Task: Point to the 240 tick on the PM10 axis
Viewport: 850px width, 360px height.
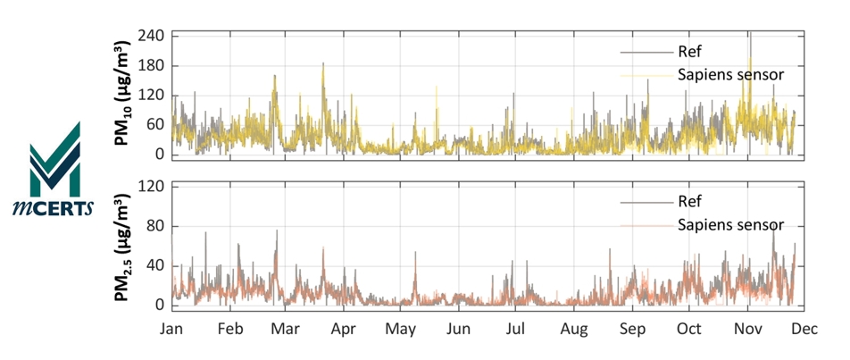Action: pyautogui.click(x=152, y=37)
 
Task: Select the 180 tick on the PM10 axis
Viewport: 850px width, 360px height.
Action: pyautogui.click(x=152, y=66)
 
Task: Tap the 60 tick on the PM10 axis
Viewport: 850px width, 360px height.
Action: pyautogui.click(x=157, y=125)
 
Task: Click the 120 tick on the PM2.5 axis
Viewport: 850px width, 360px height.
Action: pyautogui.click(x=152, y=187)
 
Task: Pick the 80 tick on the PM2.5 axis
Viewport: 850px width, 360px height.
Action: pyautogui.click(x=157, y=226)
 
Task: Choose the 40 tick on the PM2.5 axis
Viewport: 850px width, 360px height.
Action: pyautogui.click(x=157, y=265)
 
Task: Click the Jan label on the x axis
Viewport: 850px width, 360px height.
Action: pyautogui.click(x=171, y=329)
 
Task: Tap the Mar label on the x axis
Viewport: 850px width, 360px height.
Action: pyautogui.click(x=286, y=329)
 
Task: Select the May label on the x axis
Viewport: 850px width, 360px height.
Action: pyautogui.click(x=400, y=329)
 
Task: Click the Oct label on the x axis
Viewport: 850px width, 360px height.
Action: pyautogui.click(x=689, y=329)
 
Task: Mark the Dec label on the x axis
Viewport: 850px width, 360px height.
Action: pyautogui.click(x=804, y=329)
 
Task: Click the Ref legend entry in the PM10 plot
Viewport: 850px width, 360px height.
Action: pyautogui.click(x=691, y=52)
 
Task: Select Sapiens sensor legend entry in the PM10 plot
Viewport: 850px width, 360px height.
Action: pyautogui.click(x=730, y=74)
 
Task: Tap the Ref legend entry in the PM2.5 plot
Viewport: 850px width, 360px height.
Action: pyautogui.click(x=691, y=202)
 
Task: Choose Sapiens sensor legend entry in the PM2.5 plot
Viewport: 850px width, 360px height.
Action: pyautogui.click(x=730, y=224)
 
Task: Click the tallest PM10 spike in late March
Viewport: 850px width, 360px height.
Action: pyautogui.click(x=323, y=65)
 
